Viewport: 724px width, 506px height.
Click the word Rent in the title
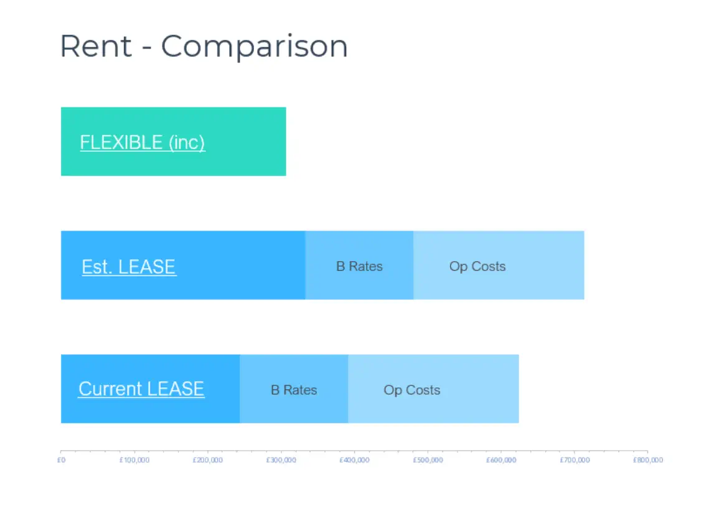click(x=96, y=46)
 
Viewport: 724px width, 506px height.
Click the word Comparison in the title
click(x=255, y=47)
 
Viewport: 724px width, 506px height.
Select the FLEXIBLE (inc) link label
click(x=142, y=142)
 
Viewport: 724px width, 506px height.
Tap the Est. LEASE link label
click(x=129, y=267)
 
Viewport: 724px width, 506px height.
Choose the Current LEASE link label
click(x=141, y=389)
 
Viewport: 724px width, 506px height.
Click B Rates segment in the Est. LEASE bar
click(x=359, y=265)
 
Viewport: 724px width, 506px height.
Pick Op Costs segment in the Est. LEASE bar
click(x=499, y=265)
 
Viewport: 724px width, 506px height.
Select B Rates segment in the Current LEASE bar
click(x=294, y=389)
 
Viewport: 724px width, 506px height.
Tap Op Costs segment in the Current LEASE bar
click(x=433, y=389)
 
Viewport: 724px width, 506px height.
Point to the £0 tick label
click(x=62, y=460)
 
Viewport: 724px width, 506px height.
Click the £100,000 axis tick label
click(x=134, y=460)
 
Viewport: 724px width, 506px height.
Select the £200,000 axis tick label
click(x=208, y=460)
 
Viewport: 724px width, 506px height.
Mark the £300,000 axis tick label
click(x=281, y=460)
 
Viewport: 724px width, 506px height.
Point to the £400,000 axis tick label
click(x=355, y=460)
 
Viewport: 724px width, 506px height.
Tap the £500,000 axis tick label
click(x=428, y=460)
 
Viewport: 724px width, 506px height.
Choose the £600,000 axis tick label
click(x=501, y=460)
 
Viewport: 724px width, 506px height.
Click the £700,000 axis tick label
click(x=575, y=460)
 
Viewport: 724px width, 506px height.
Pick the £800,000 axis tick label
click(x=648, y=460)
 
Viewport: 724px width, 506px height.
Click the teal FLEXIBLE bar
click(x=174, y=142)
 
